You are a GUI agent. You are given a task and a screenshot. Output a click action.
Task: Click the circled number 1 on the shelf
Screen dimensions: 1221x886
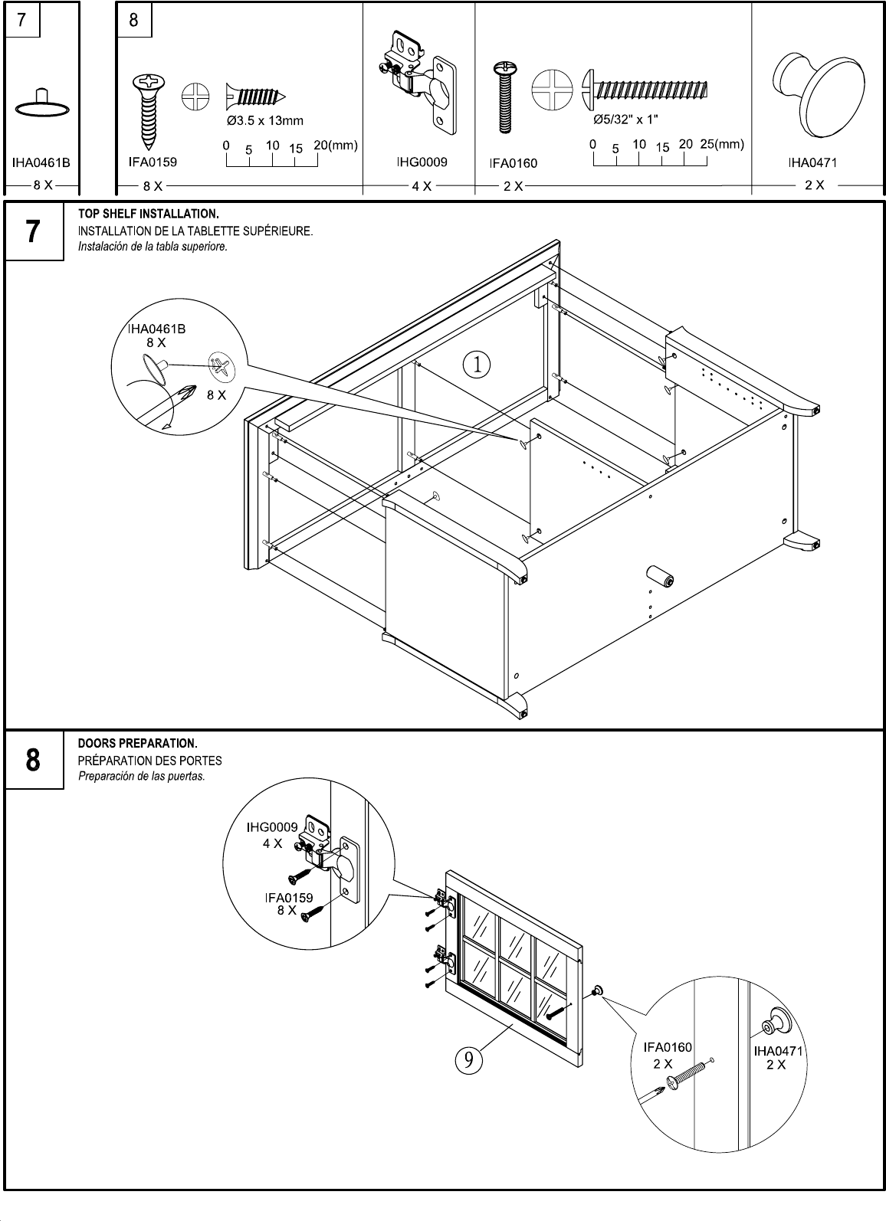(477, 364)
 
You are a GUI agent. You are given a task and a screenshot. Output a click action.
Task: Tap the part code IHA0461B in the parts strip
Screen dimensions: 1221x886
(41, 162)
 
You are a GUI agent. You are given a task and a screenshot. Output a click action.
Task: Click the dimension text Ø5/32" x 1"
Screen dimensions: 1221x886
(625, 120)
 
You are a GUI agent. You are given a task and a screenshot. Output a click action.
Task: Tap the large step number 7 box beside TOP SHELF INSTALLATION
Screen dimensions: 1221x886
(33, 231)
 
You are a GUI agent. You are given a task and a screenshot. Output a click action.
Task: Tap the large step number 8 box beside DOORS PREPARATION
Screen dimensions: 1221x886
(33, 761)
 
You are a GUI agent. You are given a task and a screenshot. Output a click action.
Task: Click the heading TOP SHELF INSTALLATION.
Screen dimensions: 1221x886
(149, 213)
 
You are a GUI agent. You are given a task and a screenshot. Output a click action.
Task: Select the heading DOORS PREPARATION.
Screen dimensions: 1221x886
(138, 744)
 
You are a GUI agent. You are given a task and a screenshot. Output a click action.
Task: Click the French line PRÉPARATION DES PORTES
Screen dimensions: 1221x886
(149, 761)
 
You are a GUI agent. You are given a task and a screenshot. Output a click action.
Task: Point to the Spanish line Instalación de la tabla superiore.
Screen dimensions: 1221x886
(153, 247)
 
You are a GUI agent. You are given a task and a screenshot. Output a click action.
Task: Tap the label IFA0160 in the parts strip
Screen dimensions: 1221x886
(513, 163)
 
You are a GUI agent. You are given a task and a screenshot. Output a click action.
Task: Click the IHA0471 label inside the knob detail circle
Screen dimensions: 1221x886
(778, 1050)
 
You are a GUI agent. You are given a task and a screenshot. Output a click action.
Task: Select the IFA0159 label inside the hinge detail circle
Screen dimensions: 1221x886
(289, 898)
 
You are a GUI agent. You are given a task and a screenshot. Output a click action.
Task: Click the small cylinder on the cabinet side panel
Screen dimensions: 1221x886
(657, 577)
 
